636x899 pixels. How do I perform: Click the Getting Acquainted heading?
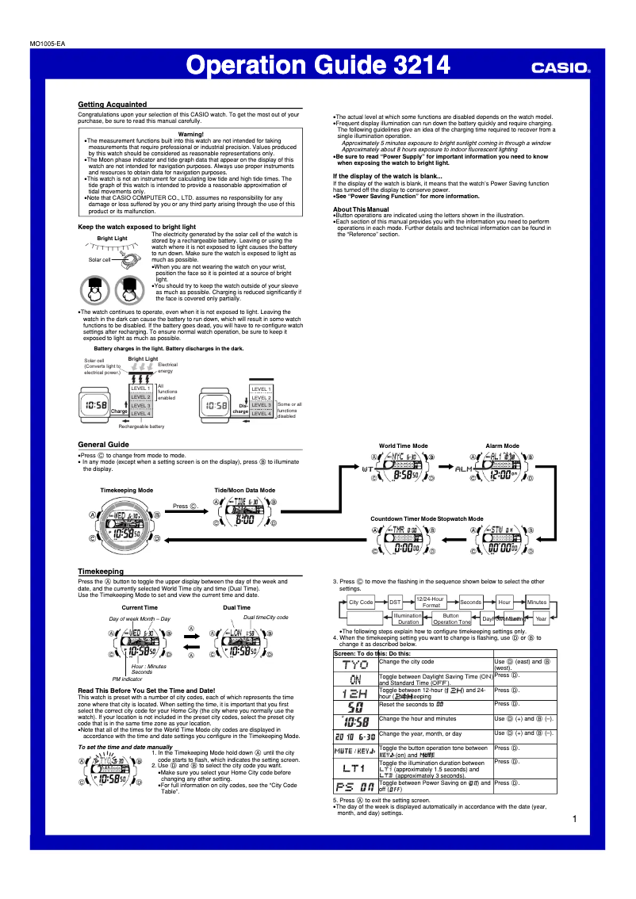click(x=112, y=105)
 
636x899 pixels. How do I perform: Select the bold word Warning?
click(x=190, y=135)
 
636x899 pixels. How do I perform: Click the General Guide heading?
click(x=103, y=445)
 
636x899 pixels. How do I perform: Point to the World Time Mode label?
click(x=403, y=446)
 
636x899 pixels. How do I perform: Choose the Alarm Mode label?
click(x=502, y=446)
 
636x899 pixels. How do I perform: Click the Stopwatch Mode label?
click(x=460, y=518)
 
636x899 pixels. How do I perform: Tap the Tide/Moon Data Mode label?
click(x=245, y=491)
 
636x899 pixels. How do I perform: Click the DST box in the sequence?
click(x=395, y=603)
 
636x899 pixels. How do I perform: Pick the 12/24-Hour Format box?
click(x=431, y=603)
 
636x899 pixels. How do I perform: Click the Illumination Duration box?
click(x=408, y=618)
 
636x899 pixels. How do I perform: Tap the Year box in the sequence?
click(x=541, y=618)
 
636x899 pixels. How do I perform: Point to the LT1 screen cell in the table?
click(x=354, y=768)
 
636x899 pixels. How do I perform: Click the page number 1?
click(x=573, y=819)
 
